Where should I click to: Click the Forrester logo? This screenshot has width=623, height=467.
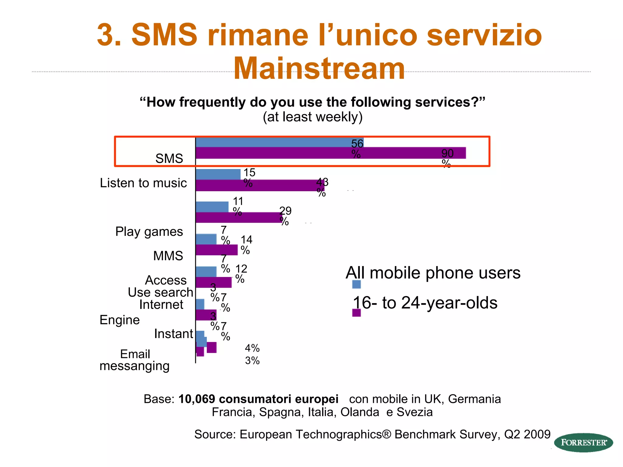point(583,442)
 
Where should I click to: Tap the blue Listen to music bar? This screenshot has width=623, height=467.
point(218,174)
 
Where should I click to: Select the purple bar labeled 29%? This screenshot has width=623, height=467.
point(238,218)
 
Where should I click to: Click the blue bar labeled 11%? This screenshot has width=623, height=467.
point(212,207)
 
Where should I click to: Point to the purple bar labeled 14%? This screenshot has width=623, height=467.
point(216,250)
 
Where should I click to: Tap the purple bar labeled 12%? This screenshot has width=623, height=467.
point(213,282)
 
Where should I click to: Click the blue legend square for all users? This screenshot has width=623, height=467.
point(356,284)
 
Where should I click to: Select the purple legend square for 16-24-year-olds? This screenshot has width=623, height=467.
point(356,313)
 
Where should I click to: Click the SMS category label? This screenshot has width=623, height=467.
point(169,158)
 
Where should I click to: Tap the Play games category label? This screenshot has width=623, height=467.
point(149,232)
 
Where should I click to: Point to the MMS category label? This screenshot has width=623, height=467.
point(168,256)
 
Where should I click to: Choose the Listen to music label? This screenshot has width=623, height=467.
point(143,183)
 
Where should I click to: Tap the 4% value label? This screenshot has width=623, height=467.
point(252,348)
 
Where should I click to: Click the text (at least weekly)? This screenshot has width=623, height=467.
point(312,117)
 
